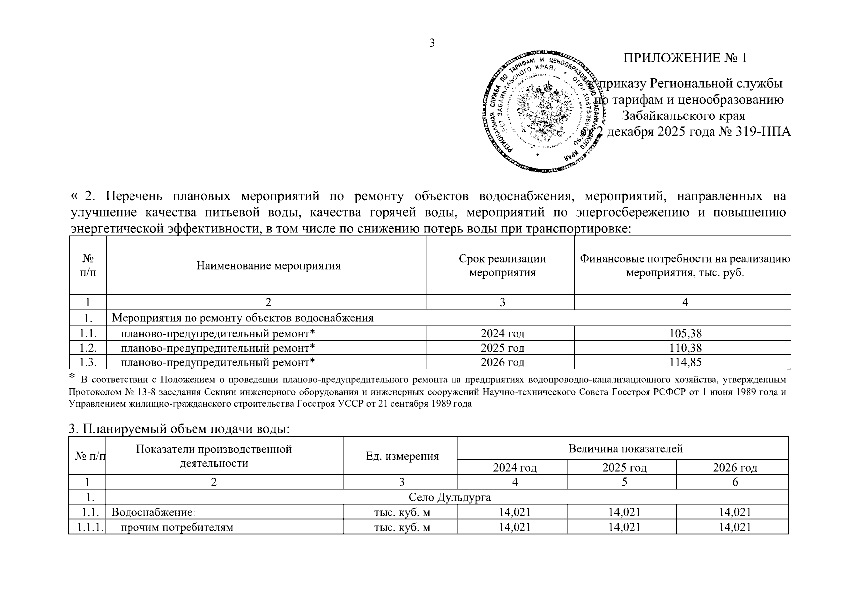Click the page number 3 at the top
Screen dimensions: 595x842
[x=432, y=43]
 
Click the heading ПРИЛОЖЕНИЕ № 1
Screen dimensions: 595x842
[x=685, y=58]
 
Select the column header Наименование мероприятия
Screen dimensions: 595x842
[x=268, y=266]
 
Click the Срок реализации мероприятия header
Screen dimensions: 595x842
[x=502, y=265]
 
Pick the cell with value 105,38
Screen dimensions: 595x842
[x=685, y=333]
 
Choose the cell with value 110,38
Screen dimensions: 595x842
[x=685, y=348]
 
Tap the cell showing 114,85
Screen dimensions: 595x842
[x=685, y=362]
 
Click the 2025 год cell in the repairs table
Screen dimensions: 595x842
[x=502, y=348]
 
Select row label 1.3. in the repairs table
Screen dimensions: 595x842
[x=88, y=362]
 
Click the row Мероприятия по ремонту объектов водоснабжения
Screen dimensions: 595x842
[x=243, y=318]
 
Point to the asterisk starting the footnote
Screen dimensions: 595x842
[x=72, y=378]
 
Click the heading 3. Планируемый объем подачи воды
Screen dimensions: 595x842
[x=178, y=429]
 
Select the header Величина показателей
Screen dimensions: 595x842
[x=625, y=449]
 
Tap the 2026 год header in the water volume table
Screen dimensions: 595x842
[x=735, y=467]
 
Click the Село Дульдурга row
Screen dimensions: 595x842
[x=450, y=497]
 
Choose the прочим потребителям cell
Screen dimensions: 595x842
[x=177, y=527]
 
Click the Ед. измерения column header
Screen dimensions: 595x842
[x=402, y=456]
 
